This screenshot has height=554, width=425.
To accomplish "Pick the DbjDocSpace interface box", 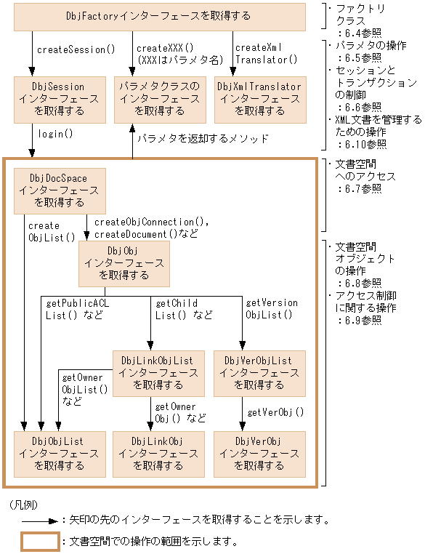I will pyautogui.click(x=60, y=190).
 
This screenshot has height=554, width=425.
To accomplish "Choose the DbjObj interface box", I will pyautogui.click(x=124, y=263).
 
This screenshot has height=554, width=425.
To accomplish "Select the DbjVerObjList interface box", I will pyautogui.click(x=259, y=372).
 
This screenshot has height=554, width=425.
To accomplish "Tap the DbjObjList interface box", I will pyautogui.click(x=58, y=453).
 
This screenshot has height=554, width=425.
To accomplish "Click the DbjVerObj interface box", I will pyautogui.click(x=259, y=453).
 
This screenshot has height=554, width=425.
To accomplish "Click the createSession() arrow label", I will pyautogui.click(x=77, y=50).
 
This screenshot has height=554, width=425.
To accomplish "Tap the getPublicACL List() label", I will pyautogui.click(x=77, y=309).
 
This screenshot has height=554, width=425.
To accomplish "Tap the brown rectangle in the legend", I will pyautogui.click(x=39, y=542).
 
